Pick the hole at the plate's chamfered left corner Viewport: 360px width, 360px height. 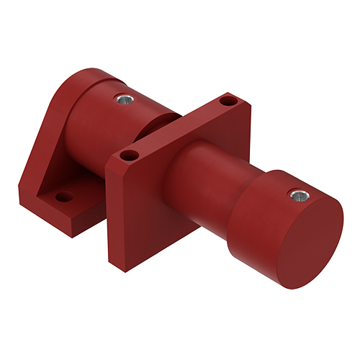coord(129,155)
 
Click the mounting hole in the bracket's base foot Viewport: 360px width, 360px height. coord(64,196)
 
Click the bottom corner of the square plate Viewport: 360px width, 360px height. coord(114,261)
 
